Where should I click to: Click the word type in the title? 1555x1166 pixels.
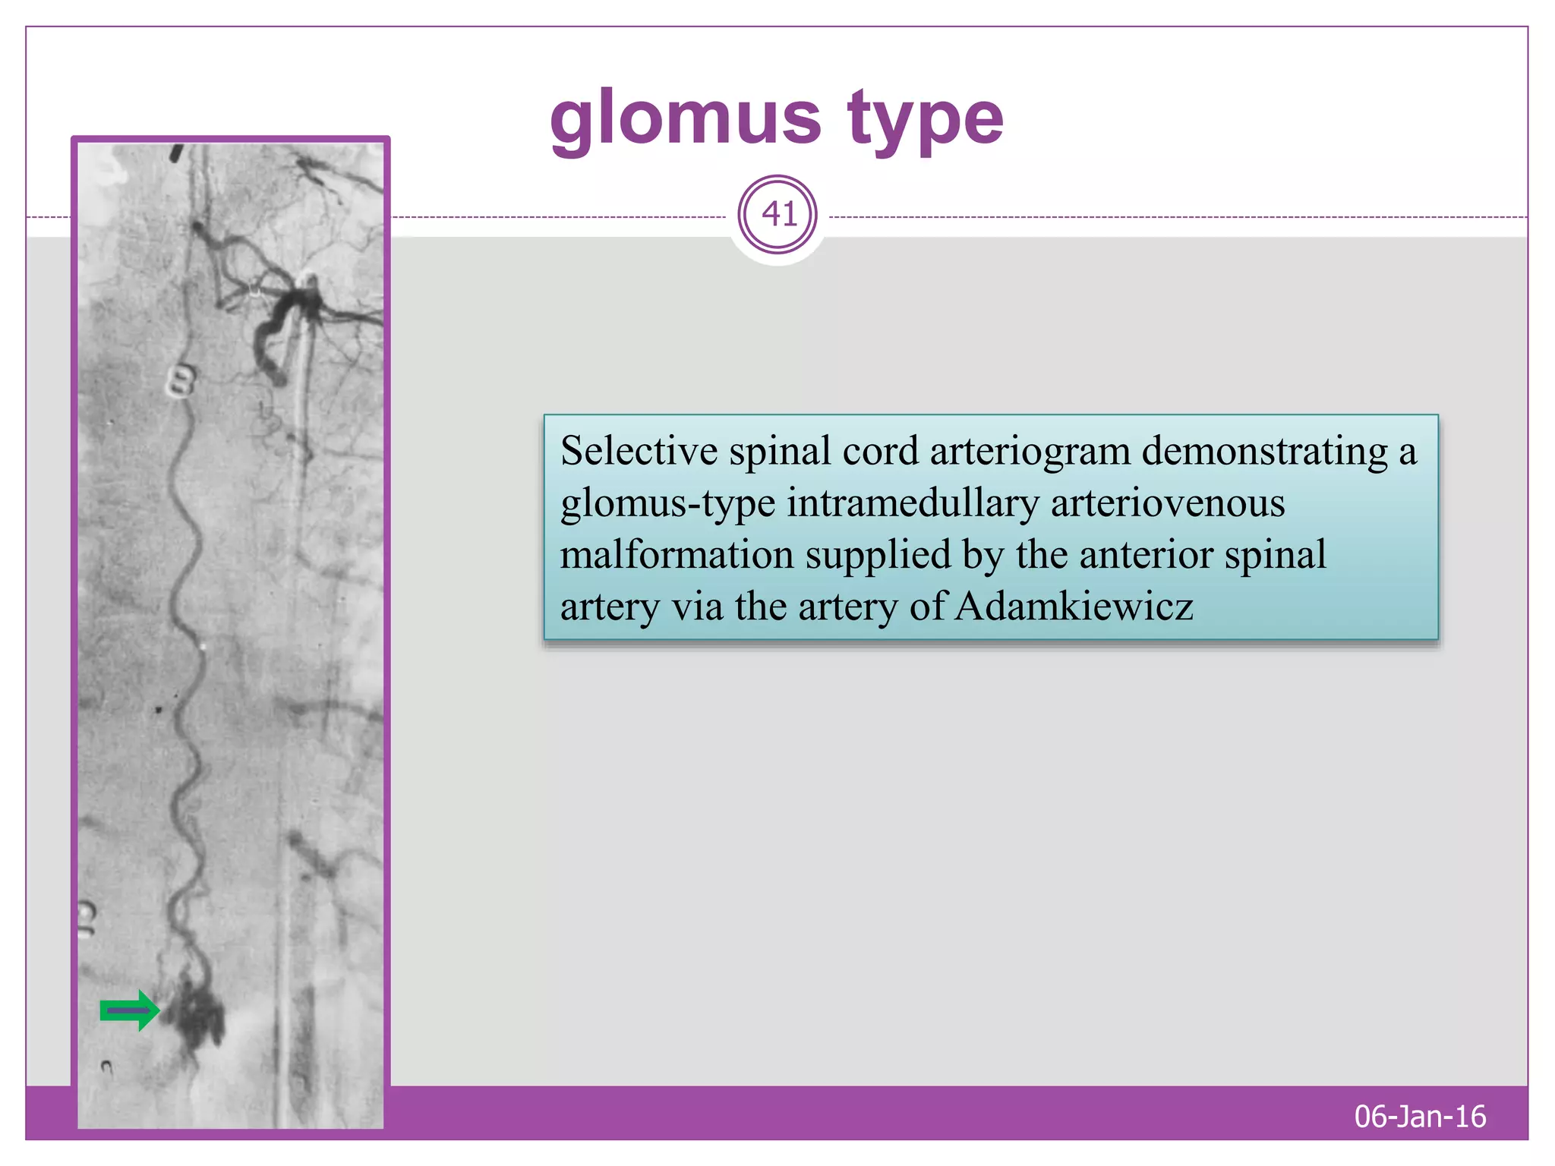point(926,120)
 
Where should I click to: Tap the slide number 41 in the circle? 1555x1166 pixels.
point(778,214)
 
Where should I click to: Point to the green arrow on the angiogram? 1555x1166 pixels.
point(130,1010)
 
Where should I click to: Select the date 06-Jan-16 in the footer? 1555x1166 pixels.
point(1420,1116)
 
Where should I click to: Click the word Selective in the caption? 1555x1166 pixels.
point(639,451)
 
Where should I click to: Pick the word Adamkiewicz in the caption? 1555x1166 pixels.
point(1074,607)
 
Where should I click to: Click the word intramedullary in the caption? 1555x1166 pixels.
point(913,503)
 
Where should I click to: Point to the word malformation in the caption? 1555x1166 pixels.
point(677,554)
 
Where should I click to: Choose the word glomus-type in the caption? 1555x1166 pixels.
point(667,504)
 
